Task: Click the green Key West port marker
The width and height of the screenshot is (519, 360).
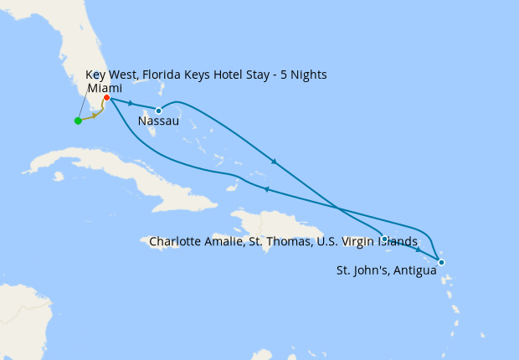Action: point(78,121)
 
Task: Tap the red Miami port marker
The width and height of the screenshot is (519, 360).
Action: point(106,98)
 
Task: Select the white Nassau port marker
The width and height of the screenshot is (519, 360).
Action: point(158,111)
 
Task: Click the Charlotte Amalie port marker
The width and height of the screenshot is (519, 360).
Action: point(384,239)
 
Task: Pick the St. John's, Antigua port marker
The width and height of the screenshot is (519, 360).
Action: point(441,263)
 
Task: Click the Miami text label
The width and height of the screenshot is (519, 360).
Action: point(105,88)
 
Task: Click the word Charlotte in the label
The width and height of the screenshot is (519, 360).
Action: point(175,242)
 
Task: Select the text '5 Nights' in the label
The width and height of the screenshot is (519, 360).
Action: point(301,75)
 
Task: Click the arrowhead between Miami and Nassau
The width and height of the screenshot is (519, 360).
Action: point(131,104)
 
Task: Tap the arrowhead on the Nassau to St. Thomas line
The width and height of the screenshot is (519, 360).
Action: point(274,161)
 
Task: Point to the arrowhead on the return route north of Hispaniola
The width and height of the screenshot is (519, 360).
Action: point(266,189)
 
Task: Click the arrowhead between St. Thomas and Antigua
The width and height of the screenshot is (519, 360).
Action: point(418,250)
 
